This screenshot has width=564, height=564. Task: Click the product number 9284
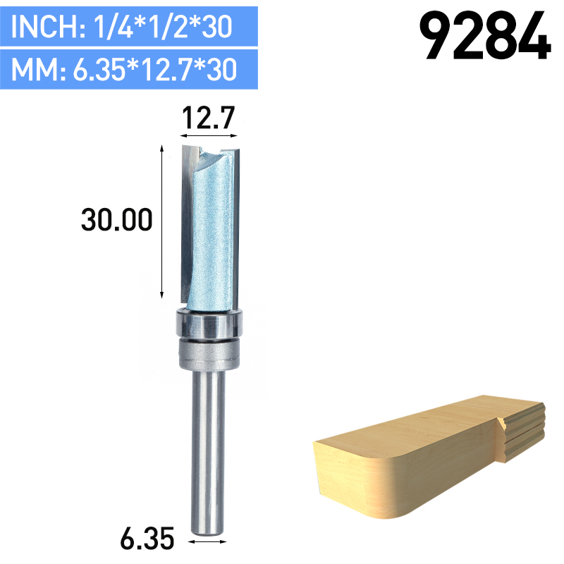(485, 35)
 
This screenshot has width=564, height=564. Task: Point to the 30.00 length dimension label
(116, 221)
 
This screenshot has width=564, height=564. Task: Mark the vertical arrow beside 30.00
(163, 221)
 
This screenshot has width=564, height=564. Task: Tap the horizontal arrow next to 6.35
(209, 541)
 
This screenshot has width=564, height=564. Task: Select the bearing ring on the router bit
(209, 326)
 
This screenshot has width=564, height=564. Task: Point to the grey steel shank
(209, 444)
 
